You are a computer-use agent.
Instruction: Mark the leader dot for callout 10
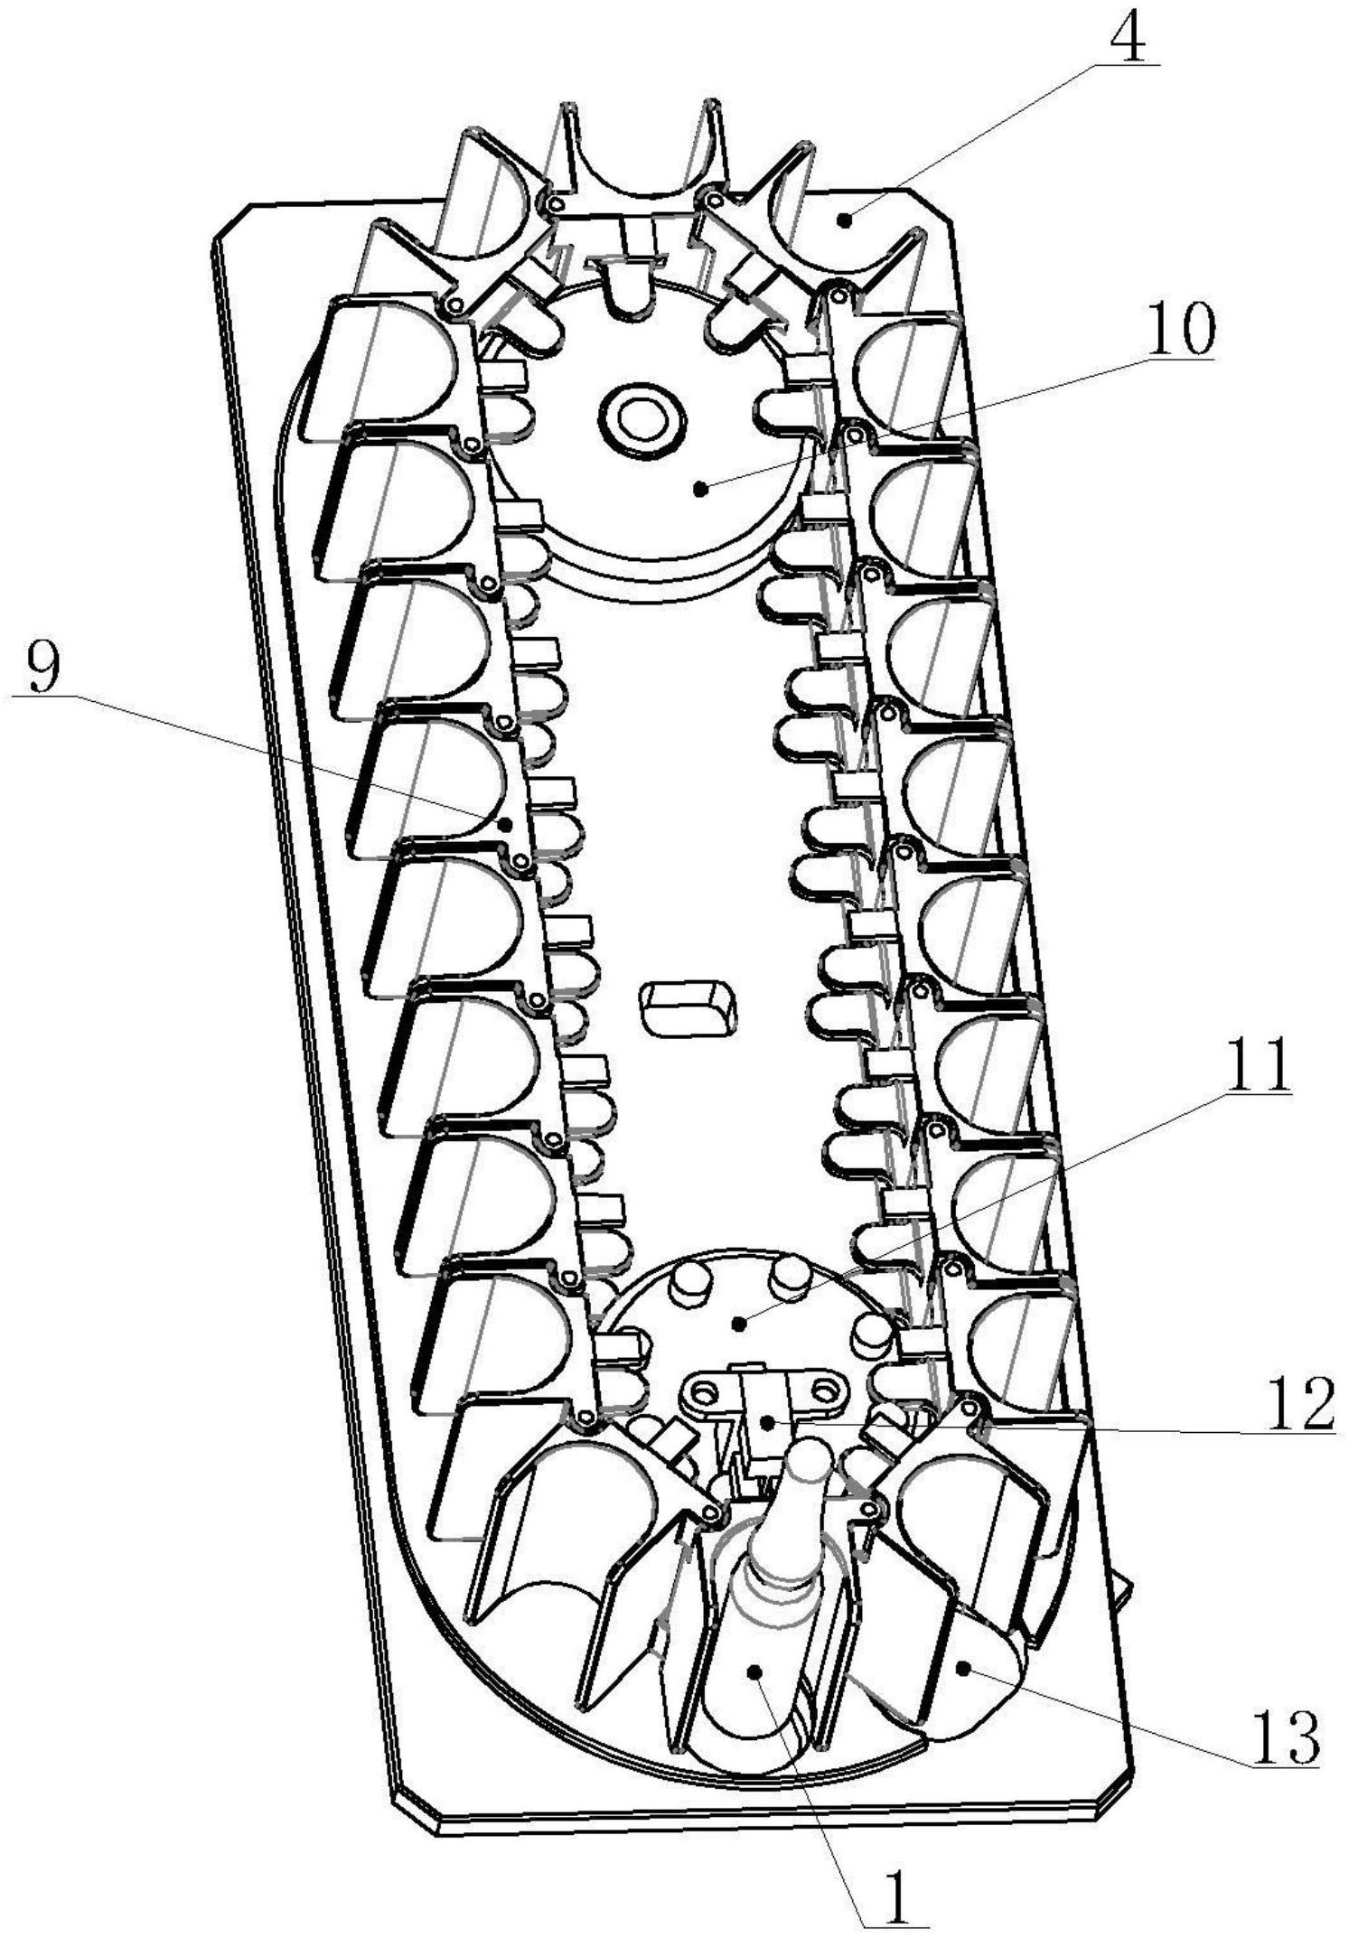(699, 489)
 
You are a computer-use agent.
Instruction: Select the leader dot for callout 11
(740, 1325)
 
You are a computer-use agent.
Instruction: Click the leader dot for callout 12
(767, 1423)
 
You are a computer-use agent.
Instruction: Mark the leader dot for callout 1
(754, 1672)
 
